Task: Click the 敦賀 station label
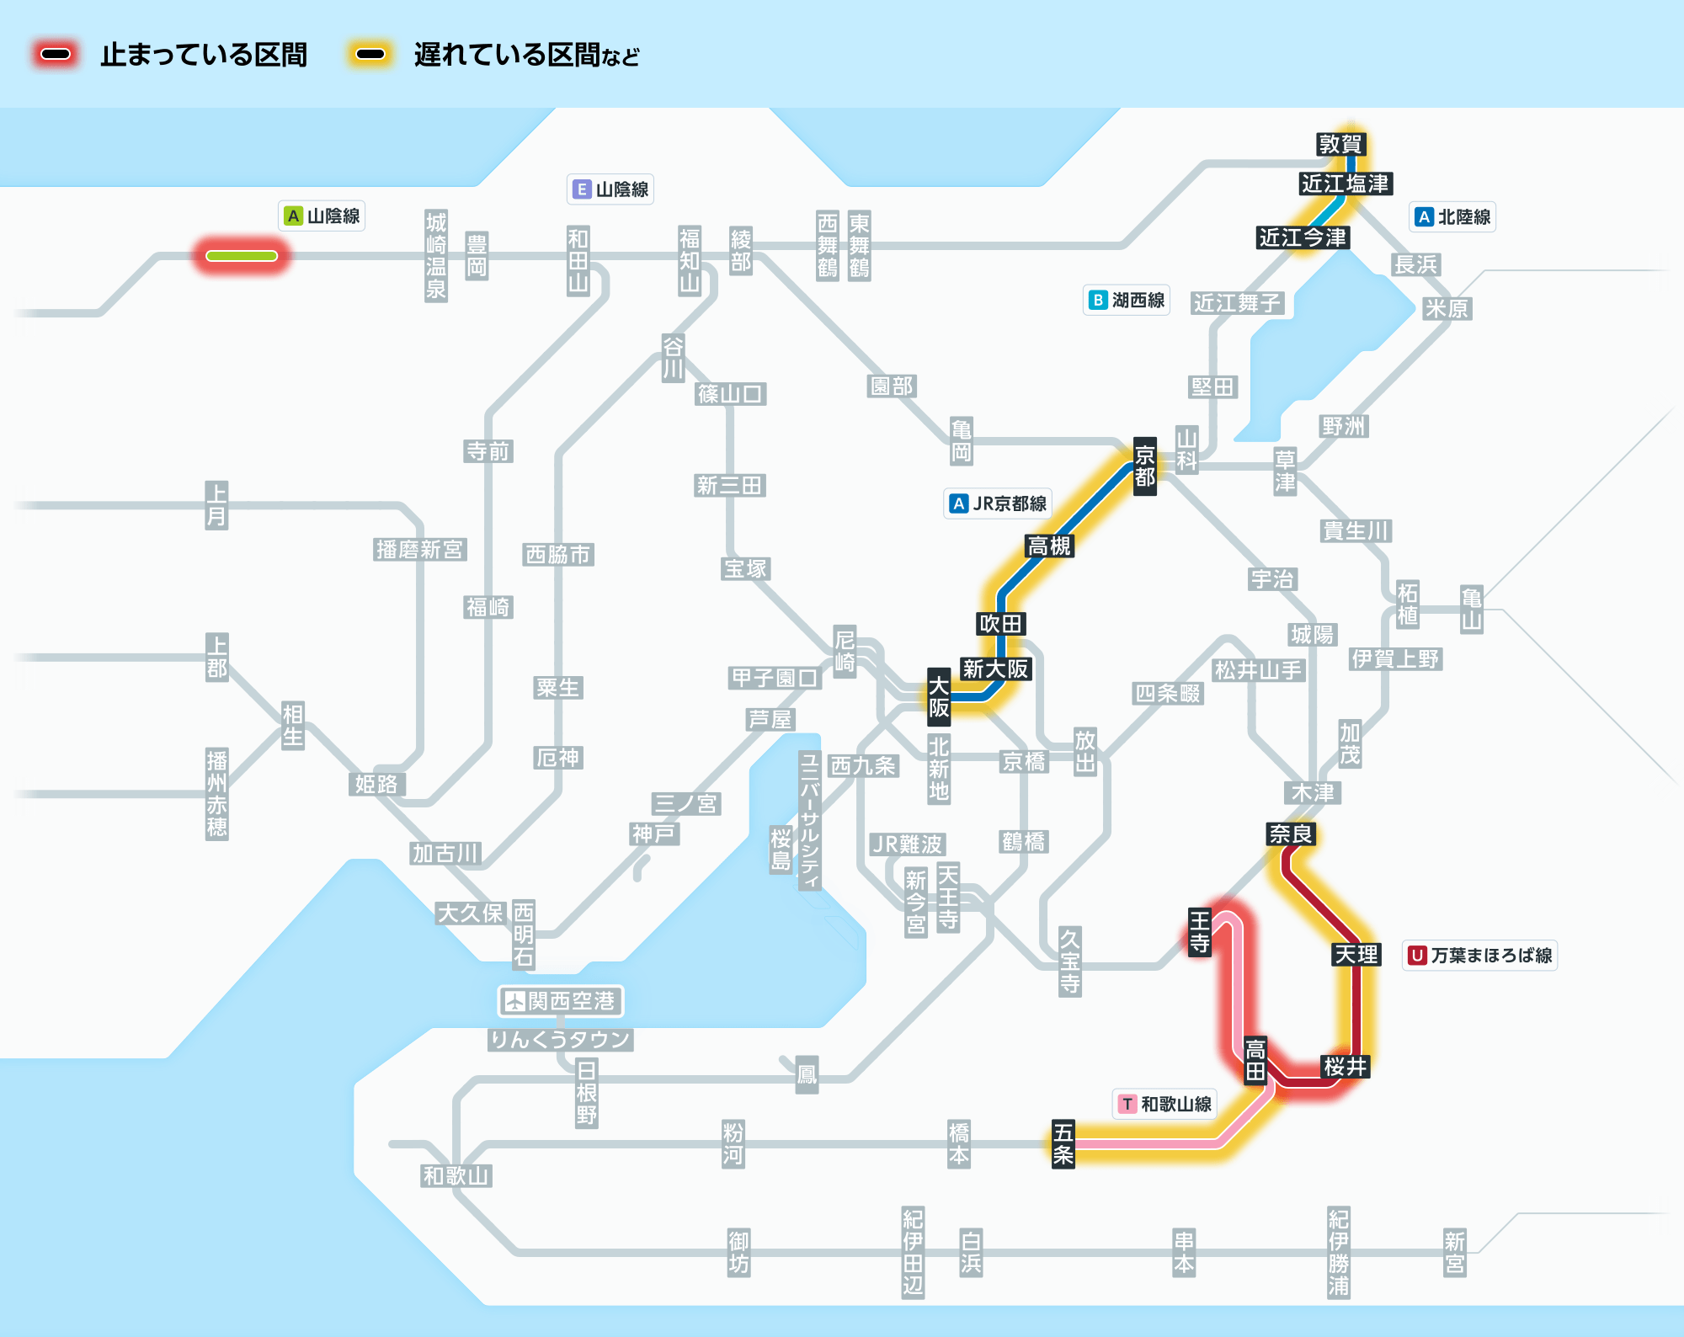1340,144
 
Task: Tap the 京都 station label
1145,466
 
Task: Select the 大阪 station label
939,696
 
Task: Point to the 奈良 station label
1291,834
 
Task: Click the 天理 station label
1356,954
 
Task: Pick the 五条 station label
1063,1143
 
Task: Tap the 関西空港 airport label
561,1000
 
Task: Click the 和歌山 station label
456,1175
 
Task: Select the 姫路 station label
376,784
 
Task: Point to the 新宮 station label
1455,1252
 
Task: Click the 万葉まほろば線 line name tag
1479,955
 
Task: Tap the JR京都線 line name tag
998,503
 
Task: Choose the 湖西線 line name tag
1127,300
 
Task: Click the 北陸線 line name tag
1452,216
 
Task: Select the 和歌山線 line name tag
1164,1104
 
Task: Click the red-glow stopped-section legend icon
56,55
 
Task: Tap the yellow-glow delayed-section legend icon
370,55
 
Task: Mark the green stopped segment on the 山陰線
242,256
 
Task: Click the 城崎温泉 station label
436,255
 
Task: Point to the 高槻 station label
1049,546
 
